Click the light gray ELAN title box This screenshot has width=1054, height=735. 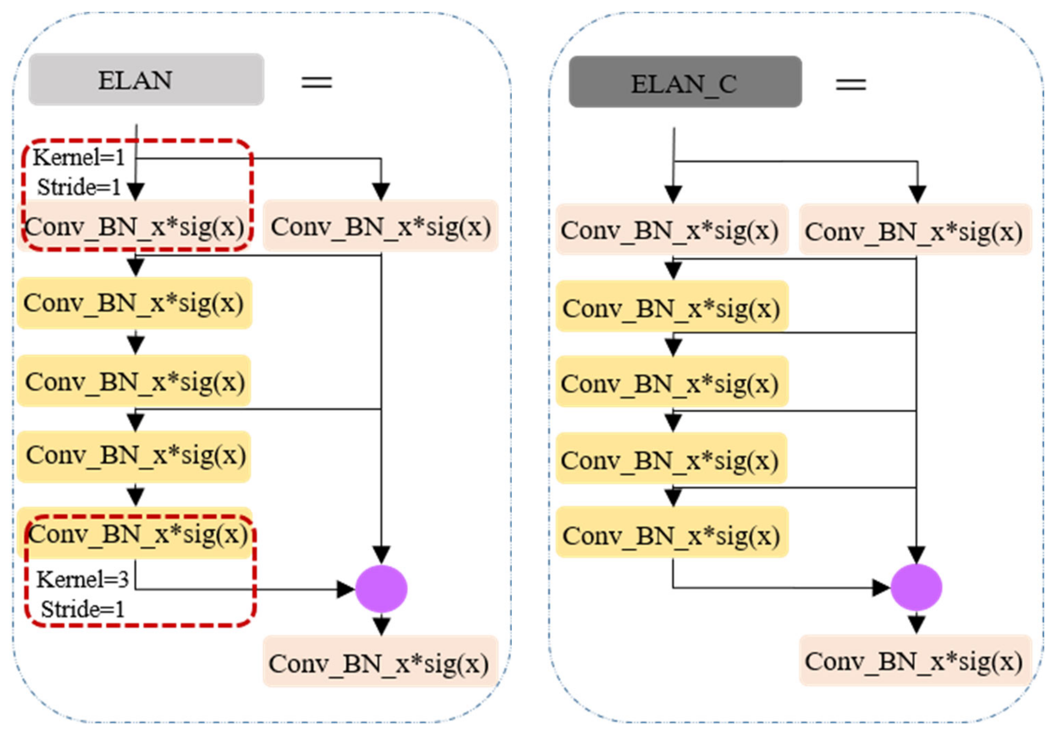tap(146, 79)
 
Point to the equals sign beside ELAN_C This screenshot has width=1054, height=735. tap(850, 84)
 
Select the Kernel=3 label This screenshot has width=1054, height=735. tap(83, 579)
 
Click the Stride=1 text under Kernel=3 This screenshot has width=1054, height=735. tap(83, 610)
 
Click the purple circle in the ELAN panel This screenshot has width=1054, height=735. tap(381, 589)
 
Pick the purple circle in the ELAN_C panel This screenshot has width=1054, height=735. tap(916, 587)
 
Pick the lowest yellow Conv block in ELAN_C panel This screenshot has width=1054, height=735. tap(672, 535)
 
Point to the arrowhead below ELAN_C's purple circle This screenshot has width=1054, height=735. tap(916, 623)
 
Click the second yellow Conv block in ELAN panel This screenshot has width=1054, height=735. tap(134, 381)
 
